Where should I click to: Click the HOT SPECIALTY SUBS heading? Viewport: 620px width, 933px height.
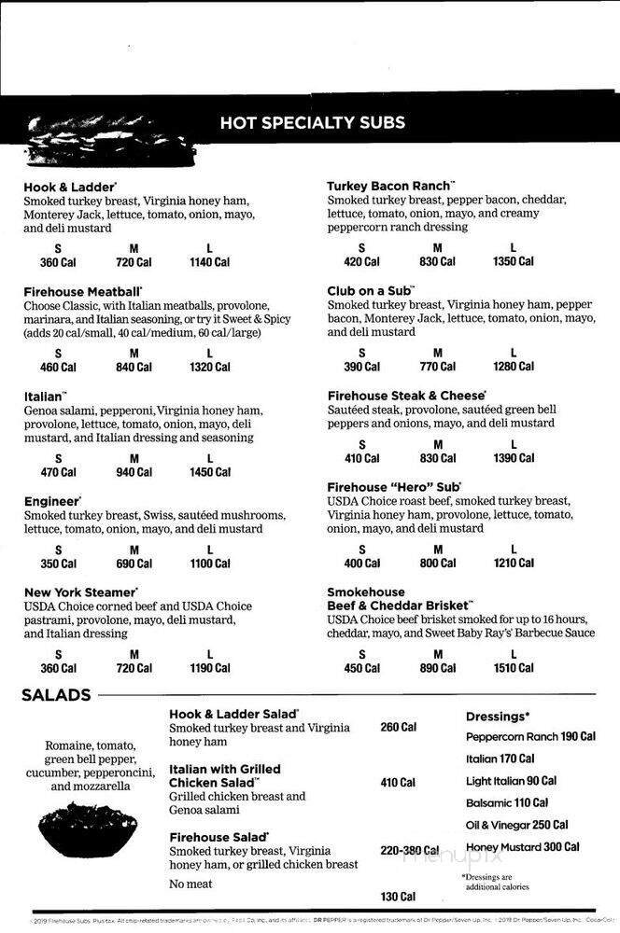(312, 122)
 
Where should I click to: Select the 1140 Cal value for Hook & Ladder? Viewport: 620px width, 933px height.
(210, 262)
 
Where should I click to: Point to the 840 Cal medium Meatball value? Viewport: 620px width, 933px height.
(134, 367)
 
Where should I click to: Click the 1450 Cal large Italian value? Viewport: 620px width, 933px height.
(210, 472)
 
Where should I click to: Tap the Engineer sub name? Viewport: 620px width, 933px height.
(52, 501)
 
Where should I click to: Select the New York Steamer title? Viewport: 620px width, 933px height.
(81, 592)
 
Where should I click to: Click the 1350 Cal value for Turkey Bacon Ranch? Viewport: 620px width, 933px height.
(514, 262)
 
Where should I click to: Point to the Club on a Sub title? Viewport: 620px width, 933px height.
(371, 291)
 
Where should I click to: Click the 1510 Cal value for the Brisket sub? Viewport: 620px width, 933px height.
(514, 668)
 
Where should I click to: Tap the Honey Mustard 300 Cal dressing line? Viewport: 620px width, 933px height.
(522, 847)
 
